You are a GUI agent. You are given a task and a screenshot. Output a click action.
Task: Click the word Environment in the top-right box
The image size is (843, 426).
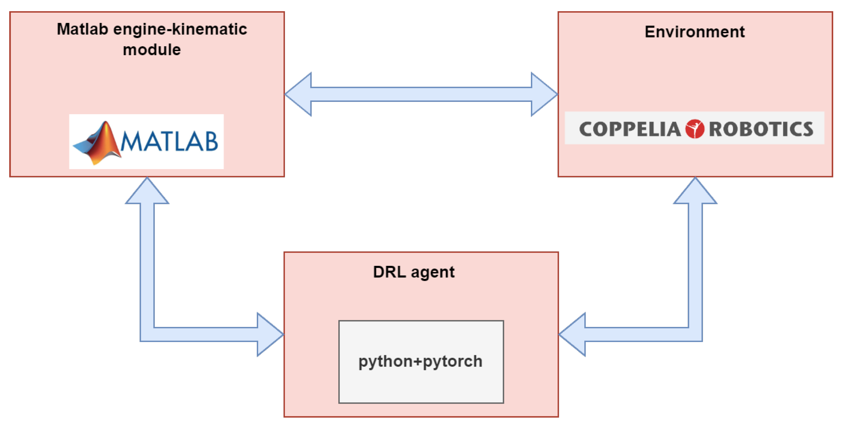pos(694,32)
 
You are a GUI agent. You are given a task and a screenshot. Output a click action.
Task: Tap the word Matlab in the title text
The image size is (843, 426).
pos(82,29)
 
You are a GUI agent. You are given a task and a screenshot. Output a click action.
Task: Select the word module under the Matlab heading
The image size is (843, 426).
pos(152,50)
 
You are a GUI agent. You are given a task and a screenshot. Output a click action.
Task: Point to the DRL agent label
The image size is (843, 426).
pos(414,272)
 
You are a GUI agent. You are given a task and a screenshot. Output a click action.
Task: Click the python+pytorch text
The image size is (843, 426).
pos(421,361)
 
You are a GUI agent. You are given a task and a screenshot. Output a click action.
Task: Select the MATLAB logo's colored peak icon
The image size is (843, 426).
pos(98,142)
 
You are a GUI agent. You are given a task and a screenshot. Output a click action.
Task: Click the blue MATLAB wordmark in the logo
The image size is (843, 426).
pos(169,142)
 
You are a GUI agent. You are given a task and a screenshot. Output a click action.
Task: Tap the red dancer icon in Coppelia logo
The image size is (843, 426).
pos(694,129)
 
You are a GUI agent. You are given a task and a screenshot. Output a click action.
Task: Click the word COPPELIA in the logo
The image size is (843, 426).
pos(630,129)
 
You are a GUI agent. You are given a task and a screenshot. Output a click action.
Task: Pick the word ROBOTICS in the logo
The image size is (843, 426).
pos(761,129)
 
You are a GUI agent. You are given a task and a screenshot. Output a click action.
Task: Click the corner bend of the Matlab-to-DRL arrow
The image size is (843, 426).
pos(147,334)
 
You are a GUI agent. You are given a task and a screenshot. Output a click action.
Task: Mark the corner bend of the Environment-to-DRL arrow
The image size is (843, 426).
pos(695,334)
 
